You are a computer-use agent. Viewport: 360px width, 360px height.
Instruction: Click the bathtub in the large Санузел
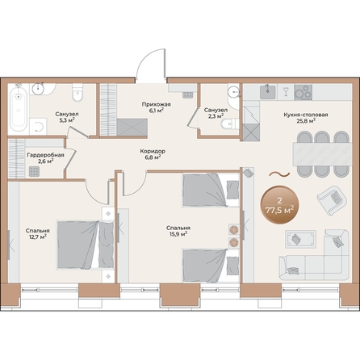[19, 110]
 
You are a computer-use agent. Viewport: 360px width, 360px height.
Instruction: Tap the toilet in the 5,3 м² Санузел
[77, 93]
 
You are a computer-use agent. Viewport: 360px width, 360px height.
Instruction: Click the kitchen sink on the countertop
[267, 92]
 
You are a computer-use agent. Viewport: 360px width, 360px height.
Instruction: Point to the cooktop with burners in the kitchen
[303, 92]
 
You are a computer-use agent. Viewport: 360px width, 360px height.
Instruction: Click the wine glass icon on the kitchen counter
[286, 92]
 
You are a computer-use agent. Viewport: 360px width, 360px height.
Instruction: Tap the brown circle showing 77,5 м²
[279, 205]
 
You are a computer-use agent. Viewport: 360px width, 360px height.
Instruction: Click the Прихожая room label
[157, 104]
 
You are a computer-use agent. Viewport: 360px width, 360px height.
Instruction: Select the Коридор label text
[153, 151]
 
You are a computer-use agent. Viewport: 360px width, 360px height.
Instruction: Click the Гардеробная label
[45, 155]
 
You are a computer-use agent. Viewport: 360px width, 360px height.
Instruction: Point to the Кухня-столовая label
[306, 115]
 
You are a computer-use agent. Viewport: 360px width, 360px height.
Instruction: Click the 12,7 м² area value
[38, 237]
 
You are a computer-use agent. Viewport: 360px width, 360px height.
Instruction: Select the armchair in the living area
[332, 200]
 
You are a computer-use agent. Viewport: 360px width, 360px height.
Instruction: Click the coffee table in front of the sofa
[300, 239]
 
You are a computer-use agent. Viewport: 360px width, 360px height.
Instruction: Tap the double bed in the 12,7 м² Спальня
[85, 245]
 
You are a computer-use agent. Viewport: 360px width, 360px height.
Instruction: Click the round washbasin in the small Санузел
[233, 92]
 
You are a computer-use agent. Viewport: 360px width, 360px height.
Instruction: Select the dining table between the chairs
[322, 153]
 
